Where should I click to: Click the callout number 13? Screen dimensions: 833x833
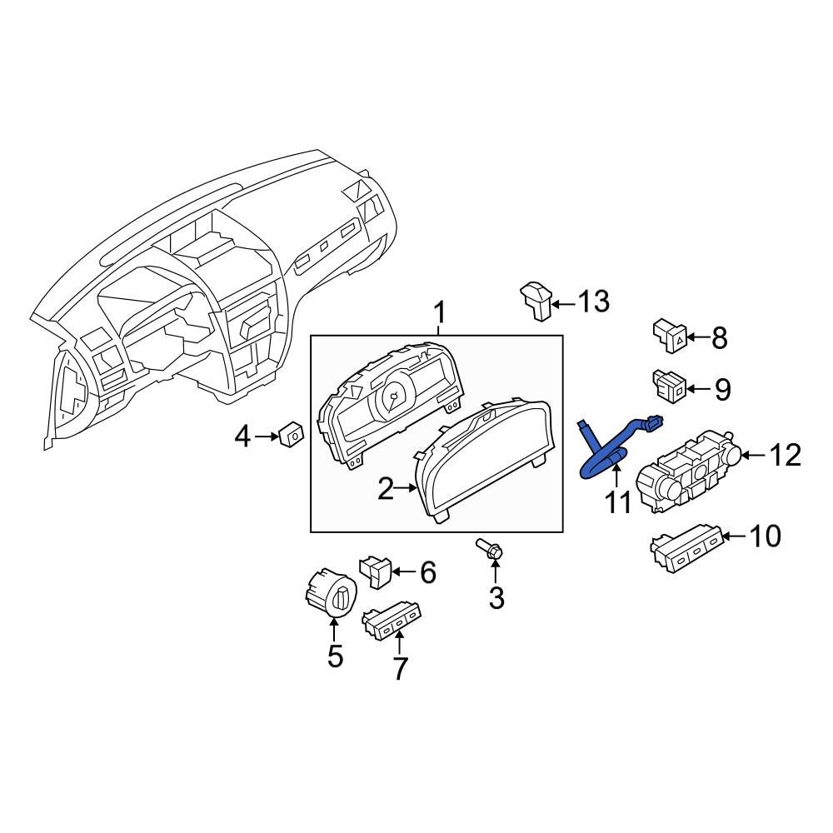pyautogui.click(x=594, y=302)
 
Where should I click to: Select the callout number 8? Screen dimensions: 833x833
pyautogui.click(x=718, y=338)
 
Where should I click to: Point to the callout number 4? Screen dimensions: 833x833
pyautogui.click(x=242, y=436)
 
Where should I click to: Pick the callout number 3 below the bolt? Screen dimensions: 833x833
pyautogui.click(x=496, y=597)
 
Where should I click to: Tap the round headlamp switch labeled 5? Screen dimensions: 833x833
pyautogui.click(x=332, y=593)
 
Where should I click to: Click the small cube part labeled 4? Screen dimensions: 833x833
pyautogui.click(x=292, y=433)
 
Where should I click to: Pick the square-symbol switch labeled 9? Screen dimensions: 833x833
pyautogui.click(x=671, y=384)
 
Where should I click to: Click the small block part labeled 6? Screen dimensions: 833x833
pyautogui.click(x=376, y=571)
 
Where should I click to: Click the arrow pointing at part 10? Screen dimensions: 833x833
pyautogui.click(x=733, y=537)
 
